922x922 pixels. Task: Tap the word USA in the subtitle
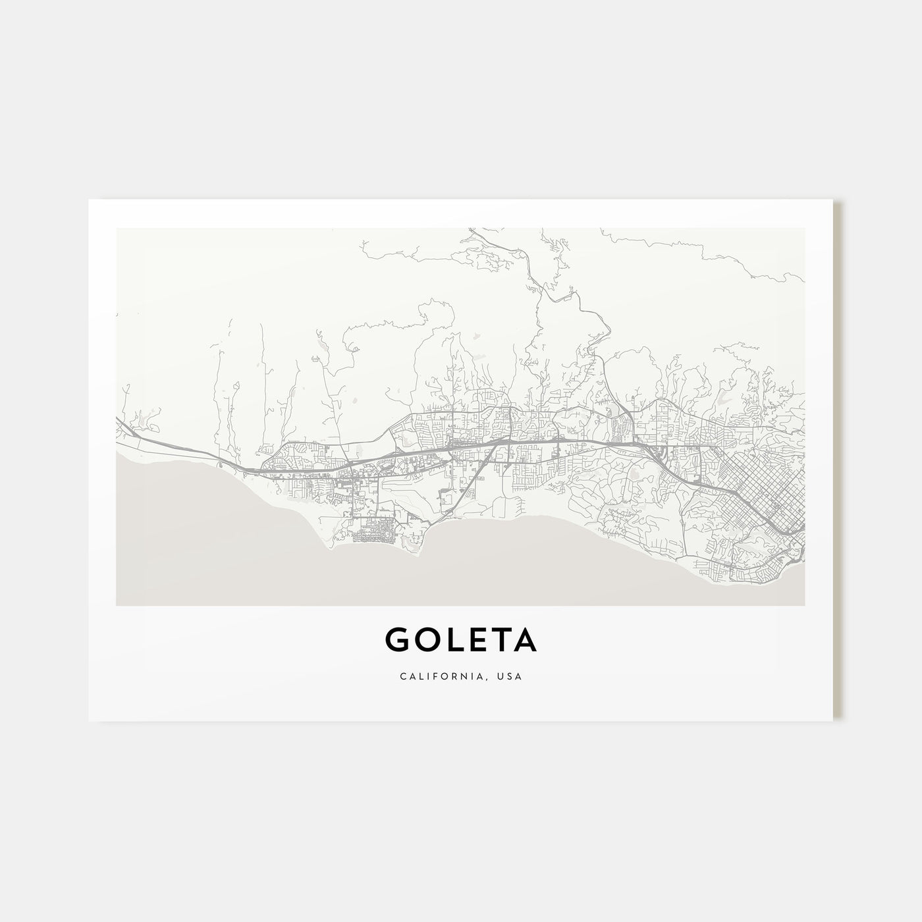coord(511,676)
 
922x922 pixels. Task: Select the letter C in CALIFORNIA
coord(402,676)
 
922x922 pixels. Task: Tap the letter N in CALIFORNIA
coord(474,676)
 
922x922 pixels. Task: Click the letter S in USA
coord(511,676)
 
